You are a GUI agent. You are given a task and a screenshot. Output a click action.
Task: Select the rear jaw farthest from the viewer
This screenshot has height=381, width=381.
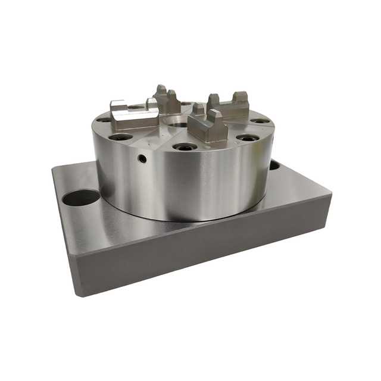167,100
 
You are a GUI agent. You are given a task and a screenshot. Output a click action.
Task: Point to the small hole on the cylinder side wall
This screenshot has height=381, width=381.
142,158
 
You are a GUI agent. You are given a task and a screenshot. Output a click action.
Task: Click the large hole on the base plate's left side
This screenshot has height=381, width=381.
80,198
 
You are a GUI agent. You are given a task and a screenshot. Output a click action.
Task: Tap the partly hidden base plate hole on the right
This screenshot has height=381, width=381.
274,164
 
